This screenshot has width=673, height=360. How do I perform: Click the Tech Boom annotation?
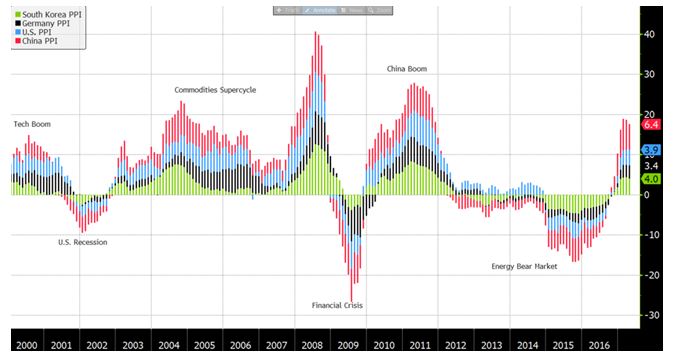point(31,124)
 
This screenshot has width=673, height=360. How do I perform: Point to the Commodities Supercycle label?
point(215,90)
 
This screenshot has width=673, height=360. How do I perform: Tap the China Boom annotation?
point(407,69)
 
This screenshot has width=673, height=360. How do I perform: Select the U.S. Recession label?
point(82,242)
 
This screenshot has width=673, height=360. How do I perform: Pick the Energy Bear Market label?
point(525,266)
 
